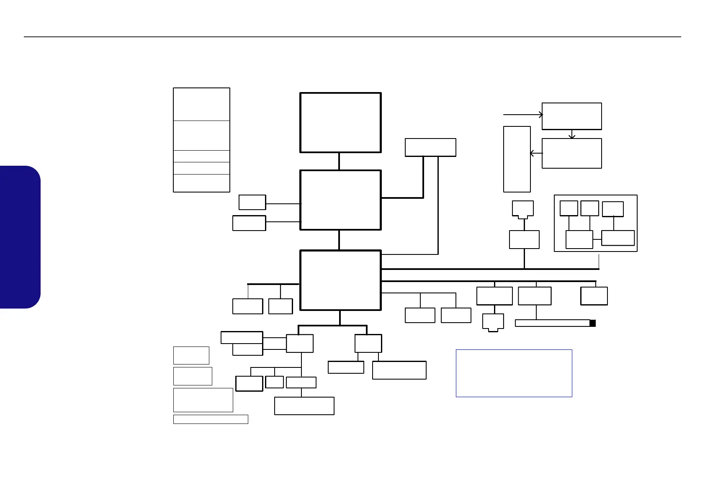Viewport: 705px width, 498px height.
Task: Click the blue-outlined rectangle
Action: coord(514,373)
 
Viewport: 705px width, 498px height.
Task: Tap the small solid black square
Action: coord(592,323)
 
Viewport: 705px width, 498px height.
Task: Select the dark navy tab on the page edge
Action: coord(20,237)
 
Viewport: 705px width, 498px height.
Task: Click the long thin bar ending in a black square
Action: coord(552,323)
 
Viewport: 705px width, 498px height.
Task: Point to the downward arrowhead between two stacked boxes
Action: coord(572,136)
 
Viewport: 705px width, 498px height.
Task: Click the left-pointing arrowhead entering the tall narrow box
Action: coord(533,154)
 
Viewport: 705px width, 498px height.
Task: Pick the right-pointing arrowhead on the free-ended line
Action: coord(541,114)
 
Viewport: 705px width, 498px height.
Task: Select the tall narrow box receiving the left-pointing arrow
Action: coord(517,159)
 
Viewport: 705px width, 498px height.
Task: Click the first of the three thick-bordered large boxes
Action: coord(340,123)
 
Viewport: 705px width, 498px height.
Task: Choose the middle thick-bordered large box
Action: coord(340,200)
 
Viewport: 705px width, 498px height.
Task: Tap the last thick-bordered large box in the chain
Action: coord(340,280)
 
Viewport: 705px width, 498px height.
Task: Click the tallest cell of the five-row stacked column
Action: coord(201,104)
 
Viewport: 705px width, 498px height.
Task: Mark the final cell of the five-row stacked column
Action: coord(201,183)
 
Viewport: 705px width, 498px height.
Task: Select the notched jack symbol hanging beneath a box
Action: coord(493,323)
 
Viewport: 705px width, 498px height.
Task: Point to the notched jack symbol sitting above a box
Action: coord(523,209)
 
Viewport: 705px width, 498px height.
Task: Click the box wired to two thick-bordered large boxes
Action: coord(430,147)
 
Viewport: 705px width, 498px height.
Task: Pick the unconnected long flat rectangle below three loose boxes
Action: coord(211,419)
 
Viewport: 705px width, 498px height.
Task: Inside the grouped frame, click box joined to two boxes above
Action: coord(579,239)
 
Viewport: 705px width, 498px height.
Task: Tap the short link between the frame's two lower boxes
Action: coord(597,239)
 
